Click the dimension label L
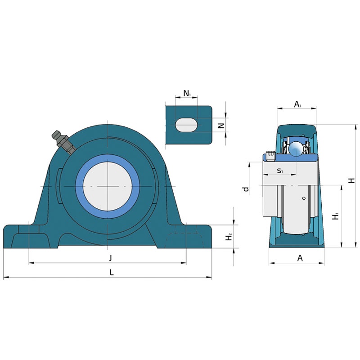click(111, 272)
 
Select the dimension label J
click(110, 258)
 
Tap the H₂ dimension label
click(229, 237)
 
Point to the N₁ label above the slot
click(187, 94)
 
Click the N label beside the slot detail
click(221, 126)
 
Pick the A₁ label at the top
click(297, 104)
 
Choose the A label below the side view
click(300, 258)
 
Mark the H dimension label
click(351, 181)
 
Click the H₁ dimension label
click(336, 216)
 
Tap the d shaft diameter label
click(246, 189)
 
